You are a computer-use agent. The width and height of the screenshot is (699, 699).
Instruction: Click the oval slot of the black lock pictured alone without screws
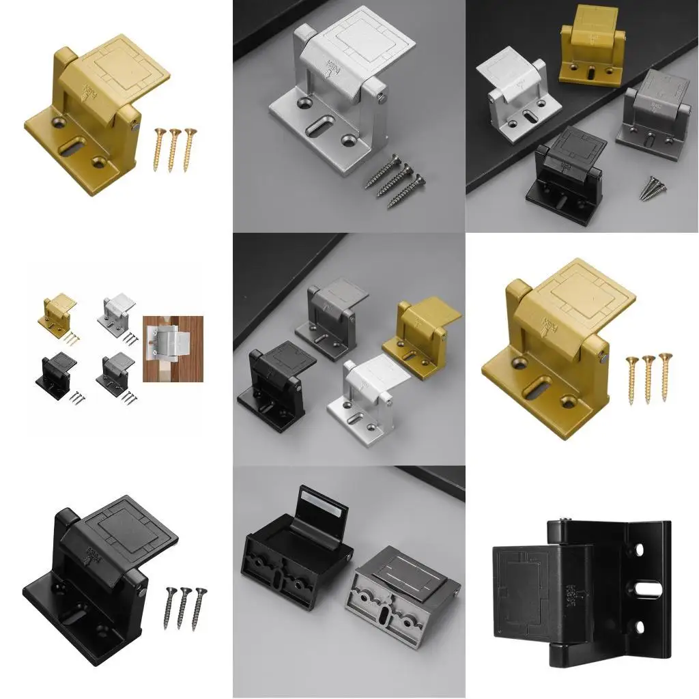pyautogui.click(x=647, y=587)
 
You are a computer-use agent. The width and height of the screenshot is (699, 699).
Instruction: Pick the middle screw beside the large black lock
pyautogui.click(x=183, y=608)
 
